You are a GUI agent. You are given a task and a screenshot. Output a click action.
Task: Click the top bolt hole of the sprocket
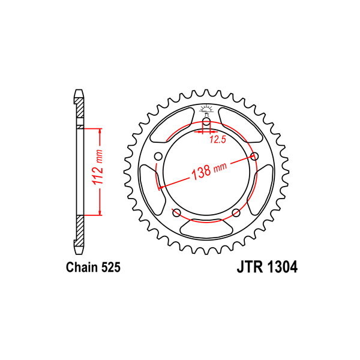206,122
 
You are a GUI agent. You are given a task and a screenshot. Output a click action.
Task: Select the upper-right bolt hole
254,157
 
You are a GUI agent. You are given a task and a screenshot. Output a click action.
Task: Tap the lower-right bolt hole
236,213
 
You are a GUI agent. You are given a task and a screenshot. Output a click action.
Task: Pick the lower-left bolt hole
176,213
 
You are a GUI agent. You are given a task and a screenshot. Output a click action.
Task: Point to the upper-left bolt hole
158,157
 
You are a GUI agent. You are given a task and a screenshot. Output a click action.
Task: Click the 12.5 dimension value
217,140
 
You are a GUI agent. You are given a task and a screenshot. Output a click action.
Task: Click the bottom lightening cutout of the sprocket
206,228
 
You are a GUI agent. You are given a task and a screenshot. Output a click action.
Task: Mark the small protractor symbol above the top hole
206,110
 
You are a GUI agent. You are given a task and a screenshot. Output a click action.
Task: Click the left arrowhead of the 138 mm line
160,187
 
